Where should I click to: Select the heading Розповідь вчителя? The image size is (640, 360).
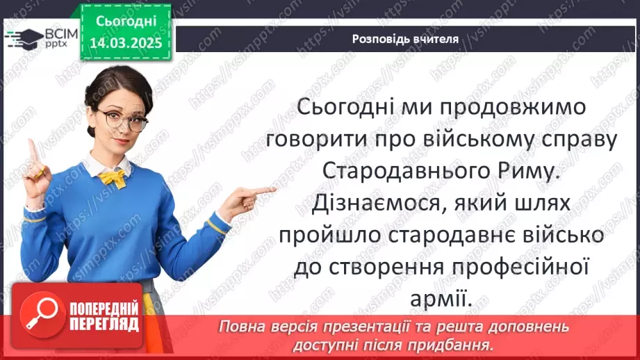[405, 39]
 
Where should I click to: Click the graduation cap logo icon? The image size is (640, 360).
[22, 38]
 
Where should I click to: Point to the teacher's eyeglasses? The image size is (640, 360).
[124, 119]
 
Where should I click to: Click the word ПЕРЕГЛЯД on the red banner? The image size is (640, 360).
[104, 325]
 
